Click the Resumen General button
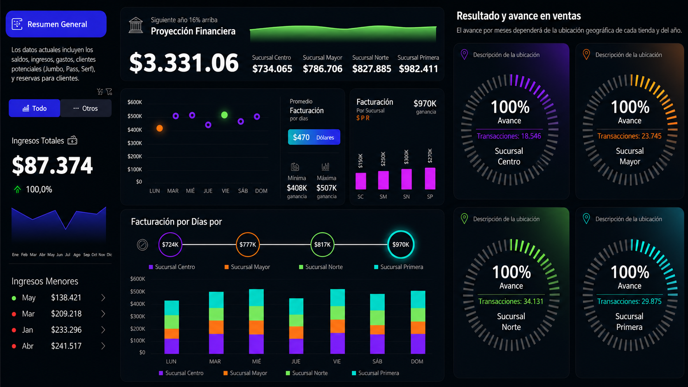(x=56, y=24)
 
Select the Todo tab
(x=35, y=108)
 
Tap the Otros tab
(x=86, y=108)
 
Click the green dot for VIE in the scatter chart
(x=225, y=115)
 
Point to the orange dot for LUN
(x=159, y=128)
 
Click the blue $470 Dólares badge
(x=314, y=137)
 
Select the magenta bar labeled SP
(x=430, y=178)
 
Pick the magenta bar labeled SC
(x=360, y=181)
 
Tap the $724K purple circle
(x=170, y=245)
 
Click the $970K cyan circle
(x=401, y=245)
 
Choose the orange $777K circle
(x=248, y=245)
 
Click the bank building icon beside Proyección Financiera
(x=136, y=25)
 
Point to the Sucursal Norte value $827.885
(x=372, y=69)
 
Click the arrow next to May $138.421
(x=103, y=298)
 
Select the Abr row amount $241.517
(x=66, y=346)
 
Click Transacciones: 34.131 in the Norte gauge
(x=511, y=301)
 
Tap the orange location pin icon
(x=586, y=55)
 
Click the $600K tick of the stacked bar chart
(x=137, y=279)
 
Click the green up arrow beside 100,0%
(x=18, y=189)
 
